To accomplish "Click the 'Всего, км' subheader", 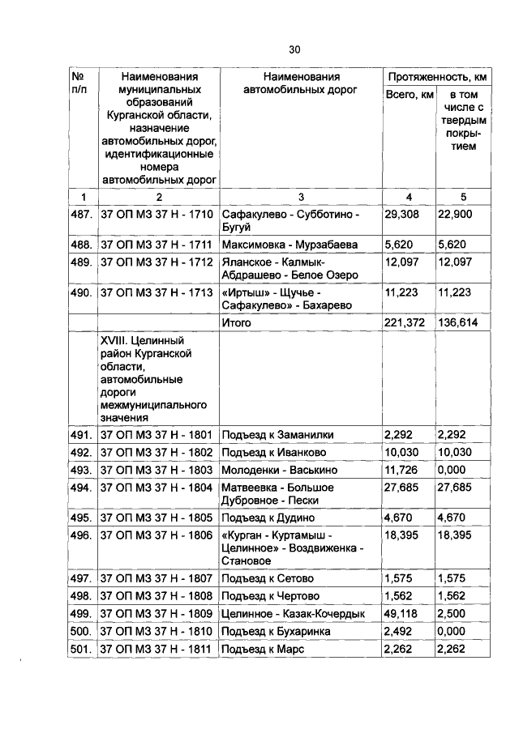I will (x=409, y=96).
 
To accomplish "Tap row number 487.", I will (x=82, y=215).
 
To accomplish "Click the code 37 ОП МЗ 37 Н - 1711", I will (x=156, y=244).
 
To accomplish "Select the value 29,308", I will (x=401, y=215).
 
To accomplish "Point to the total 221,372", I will (x=405, y=322).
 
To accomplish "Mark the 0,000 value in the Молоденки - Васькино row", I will (x=453, y=470).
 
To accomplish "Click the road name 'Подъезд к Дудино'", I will (x=273, y=518).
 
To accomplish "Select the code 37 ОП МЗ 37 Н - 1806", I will (x=156, y=535).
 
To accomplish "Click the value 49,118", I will (x=401, y=614).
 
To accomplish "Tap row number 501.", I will (x=82, y=650).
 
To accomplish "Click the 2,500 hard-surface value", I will (x=453, y=614).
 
